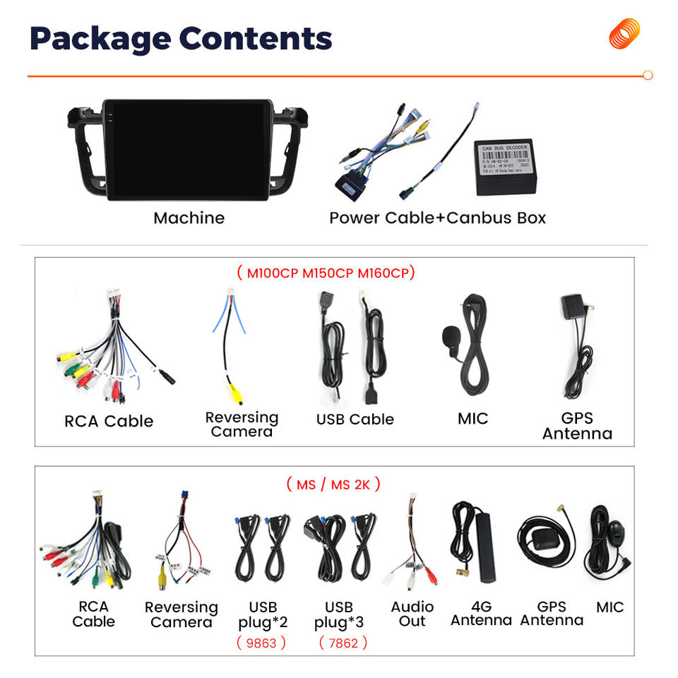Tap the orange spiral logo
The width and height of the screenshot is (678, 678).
pos(624,34)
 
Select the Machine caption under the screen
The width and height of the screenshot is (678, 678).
pos(189,218)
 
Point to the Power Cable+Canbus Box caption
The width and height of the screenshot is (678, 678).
pos(437,218)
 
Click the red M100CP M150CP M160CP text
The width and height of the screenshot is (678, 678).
pos(326,273)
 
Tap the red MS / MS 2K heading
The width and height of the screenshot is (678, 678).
pos(333,484)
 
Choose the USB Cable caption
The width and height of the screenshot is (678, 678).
pos(355,419)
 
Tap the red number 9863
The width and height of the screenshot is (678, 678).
pos(261,643)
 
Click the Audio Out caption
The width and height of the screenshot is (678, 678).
pos(412,614)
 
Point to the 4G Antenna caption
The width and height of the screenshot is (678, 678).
pos(481,613)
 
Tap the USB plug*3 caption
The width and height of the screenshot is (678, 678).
pos(339,614)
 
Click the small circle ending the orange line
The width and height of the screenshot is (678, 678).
pos(648,76)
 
